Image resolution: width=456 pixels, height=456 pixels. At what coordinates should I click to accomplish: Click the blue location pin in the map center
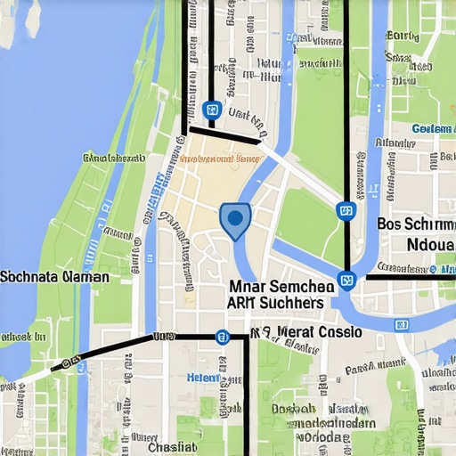coord(234,219)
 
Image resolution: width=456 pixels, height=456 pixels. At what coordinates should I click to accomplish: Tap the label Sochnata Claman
coord(54,277)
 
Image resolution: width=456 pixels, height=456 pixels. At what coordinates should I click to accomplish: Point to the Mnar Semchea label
coord(281,287)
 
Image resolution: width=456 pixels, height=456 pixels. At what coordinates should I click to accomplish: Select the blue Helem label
coord(203,378)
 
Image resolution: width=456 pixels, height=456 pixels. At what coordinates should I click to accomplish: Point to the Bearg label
coord(403,37)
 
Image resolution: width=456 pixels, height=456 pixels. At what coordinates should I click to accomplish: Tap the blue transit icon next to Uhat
coord(211,110)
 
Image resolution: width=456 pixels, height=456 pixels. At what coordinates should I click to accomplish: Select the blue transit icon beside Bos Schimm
coord(346,211)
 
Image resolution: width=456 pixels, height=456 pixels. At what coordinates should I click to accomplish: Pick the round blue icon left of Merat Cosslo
coord(222,337)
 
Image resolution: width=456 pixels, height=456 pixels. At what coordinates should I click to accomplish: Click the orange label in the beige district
coord(219,159)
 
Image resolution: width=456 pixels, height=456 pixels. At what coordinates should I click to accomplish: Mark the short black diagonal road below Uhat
coord(224,134)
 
